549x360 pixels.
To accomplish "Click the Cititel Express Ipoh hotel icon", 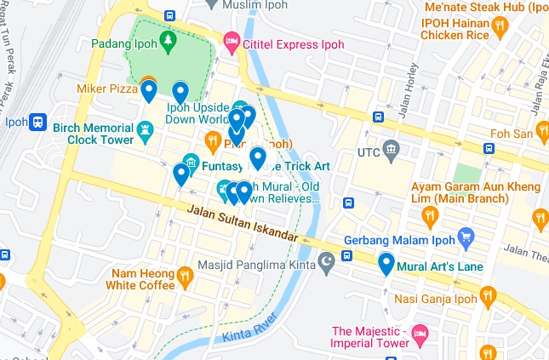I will pyautogui.click(x=231, y=42).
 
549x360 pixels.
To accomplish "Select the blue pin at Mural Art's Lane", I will pyautogui.click(x=386, y=265).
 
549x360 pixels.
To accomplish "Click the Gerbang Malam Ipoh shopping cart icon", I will pyautogui.click(x=466, y=236).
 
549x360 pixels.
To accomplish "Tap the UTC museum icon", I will pyautogui.click(x=391, y=152).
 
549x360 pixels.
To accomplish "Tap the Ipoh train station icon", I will pyautogui.click(x=37, y=123).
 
